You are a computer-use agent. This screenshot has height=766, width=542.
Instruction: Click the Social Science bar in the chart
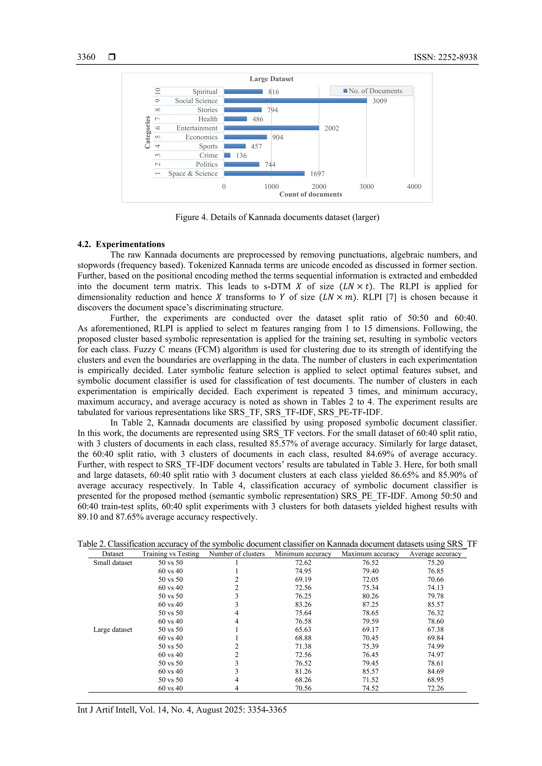(295, 101)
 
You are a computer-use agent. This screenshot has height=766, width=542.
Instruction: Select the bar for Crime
(227, 155)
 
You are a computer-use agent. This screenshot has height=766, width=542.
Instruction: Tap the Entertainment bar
(271, 128)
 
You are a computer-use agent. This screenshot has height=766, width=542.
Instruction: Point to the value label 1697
(317, 174)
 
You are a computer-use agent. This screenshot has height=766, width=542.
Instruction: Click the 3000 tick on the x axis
(367, 186)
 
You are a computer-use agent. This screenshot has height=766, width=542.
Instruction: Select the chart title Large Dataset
(271, 79)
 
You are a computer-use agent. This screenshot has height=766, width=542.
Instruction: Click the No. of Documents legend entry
(373, 91)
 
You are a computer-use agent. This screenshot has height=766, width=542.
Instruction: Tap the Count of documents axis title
(310, 194)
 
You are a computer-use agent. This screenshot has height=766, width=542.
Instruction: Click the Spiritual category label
(205, 92)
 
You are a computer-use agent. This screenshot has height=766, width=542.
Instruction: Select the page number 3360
(86, 57)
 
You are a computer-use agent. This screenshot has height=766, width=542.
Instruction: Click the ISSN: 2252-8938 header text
(445, 57)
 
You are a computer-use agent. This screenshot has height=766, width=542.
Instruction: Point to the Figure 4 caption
(277, 217)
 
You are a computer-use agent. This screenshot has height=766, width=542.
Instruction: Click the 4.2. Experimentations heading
(121, 244)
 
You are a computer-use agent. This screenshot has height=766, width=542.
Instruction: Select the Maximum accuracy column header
(370, 554)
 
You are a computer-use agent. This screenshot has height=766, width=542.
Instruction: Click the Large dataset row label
(112, 630)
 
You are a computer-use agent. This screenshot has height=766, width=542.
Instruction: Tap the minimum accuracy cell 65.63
(303, 630)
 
